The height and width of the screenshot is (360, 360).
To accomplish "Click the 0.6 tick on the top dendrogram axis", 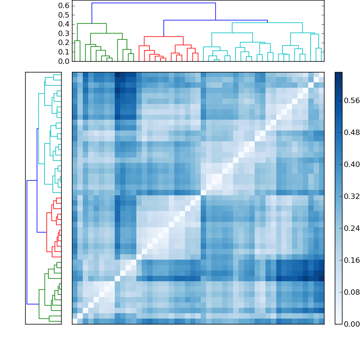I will [x=64, y=5].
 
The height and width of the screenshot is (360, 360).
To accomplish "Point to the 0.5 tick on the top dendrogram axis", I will [x=64, y=15].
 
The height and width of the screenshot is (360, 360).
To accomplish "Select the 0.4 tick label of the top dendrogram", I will [x=64, y=24].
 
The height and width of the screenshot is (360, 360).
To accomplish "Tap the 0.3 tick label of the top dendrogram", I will [x=64, y=33].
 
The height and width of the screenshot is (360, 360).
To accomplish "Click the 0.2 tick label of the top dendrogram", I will [x=64, y=42].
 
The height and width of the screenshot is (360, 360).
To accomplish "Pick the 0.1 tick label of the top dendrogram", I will [x=64, y=52].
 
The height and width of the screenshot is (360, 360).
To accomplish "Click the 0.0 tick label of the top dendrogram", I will [x=64, y=61].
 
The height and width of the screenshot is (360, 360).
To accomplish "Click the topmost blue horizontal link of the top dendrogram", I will [x=153, y=3].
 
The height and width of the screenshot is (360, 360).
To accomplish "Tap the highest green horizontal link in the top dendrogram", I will [x=92, y=23].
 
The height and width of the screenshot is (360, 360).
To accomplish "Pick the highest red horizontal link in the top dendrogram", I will [x=163, y=36].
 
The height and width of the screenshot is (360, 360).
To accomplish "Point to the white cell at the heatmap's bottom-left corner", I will [x=75, y=321].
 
